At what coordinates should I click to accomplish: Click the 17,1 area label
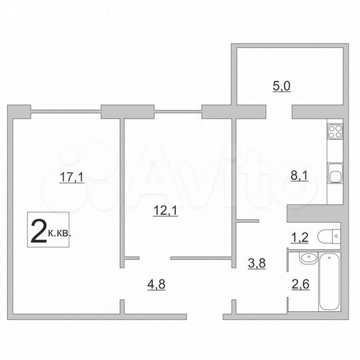click(x=75, y=178)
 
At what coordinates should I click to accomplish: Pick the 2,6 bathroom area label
click(x=301, y=287)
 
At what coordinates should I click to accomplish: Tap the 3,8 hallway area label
click(x=256, y=263)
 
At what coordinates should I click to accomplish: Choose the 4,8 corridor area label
click(x=157, y=285)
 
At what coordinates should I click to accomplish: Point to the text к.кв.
click(x=59, y=234)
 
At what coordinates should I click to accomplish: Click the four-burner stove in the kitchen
click(x=334, y=131)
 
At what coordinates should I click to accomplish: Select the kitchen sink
click(x=334, y=177)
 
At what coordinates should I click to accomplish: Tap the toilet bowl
click(x=327, y=237)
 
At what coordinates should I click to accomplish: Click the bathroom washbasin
click(x=307, y=259)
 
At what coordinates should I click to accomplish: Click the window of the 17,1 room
click(x=65, y=110)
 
